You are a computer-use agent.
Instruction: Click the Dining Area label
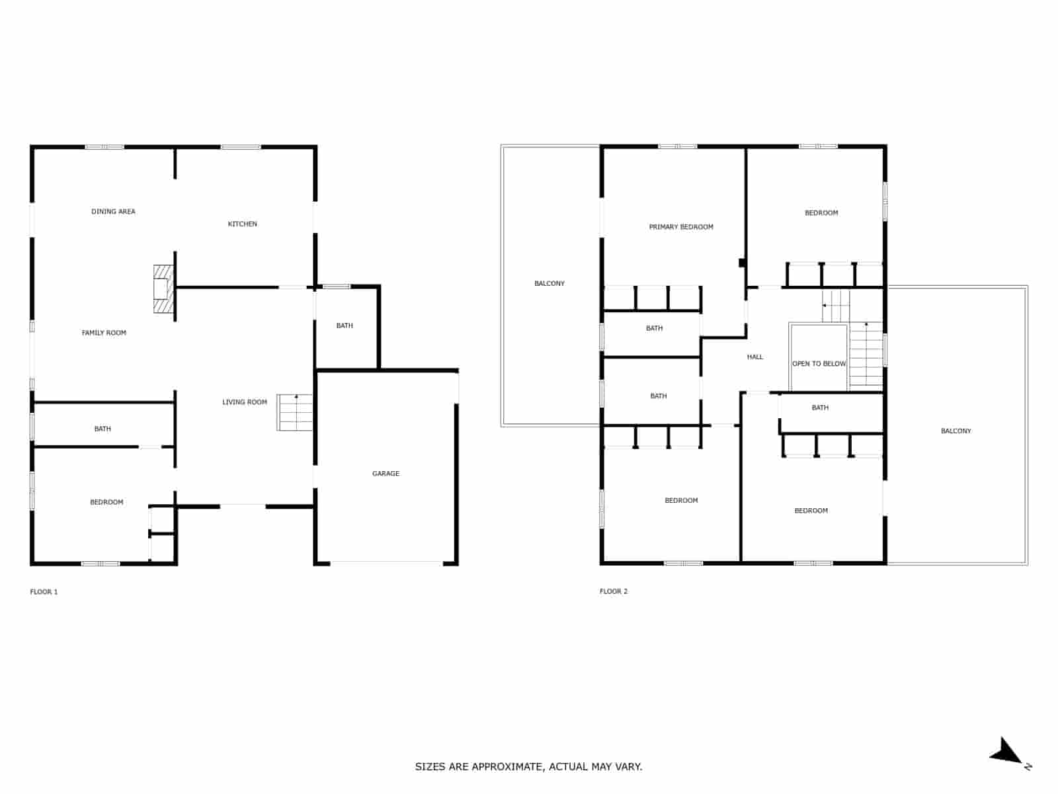(x=113, y=212)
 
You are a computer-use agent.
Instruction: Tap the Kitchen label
(x=243, y=224)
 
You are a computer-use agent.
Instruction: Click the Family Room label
(x=104, y=333)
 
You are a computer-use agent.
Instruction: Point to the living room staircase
(x=294, y=412)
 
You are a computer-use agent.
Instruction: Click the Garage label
(x=386, y=474)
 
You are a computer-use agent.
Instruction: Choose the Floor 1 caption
(x=44, y=592)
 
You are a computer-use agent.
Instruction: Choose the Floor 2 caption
(x=614, y=592)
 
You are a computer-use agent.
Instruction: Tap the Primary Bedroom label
(x=681, y=227)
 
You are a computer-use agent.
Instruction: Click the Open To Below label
(x=819, y=364)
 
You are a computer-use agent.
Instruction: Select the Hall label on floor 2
(x=755, y=357)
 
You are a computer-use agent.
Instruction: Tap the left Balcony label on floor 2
(x=549, y=284)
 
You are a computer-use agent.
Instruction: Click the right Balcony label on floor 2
(x=956, y=431)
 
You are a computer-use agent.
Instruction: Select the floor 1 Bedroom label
(x=106, y=503)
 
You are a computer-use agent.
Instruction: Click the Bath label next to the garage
(x=345, y=326)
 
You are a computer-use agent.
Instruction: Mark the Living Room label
(x=245, y=402)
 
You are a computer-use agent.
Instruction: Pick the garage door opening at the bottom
(x=386, y=564)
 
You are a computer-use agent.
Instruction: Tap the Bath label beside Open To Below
(x=820, y=408)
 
